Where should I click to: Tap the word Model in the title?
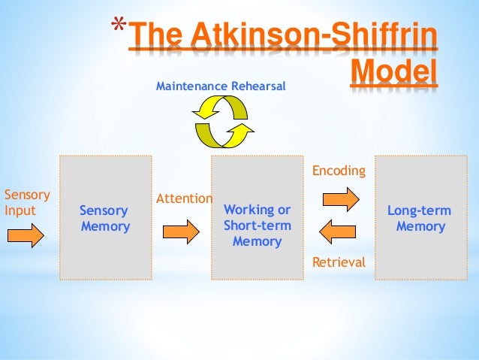(395, 73)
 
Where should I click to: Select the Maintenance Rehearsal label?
(221, 87)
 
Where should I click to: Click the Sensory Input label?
(26, 202)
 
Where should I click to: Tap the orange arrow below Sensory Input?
(26, 235)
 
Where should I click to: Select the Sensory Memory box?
(106, 218)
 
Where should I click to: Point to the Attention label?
(183, 198)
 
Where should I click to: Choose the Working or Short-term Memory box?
(258, 217)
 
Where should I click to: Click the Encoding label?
(339, 171)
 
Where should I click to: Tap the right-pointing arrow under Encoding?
(340, 199)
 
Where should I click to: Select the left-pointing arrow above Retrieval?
(339, 231)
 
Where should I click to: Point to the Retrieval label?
(339, 262)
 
